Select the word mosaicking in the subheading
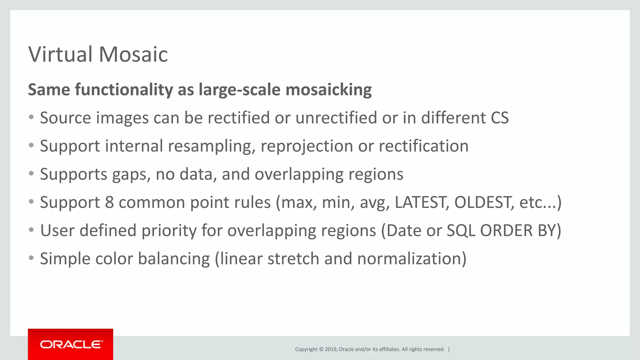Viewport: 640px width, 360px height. [328, 90]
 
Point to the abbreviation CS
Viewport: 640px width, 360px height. [499, 118]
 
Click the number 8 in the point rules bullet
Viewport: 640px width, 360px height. [109, 202]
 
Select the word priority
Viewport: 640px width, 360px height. [169, 231]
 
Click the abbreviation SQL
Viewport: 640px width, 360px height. [461, 231]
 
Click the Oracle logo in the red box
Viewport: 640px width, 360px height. [71, 344]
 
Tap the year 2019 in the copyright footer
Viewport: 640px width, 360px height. [331, 349]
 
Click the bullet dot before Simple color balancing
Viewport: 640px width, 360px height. [31, 258]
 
